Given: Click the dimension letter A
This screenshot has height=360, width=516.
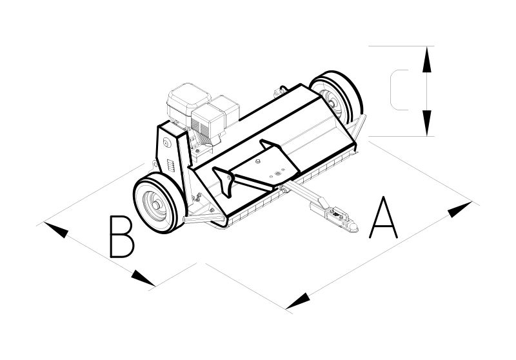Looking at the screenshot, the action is (x=383, y=219).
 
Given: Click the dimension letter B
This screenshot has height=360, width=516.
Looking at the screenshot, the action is (x=122, y=236).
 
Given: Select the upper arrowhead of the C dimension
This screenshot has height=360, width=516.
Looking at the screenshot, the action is (x=427, y=59).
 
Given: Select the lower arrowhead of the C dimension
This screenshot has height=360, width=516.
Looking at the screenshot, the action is (x=427, y=123).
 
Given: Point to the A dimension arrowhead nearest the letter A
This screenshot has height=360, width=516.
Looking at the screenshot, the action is (x=460, y=209).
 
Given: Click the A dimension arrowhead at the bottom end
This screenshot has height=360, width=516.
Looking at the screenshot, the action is (x=298, y=301).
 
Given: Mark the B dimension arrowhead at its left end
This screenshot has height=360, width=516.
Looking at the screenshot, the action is (x=56, y=230).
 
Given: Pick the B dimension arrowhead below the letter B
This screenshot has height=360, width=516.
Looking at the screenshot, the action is (x=143, y=278).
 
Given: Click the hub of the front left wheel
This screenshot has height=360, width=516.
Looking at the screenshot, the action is (x=155, y=205).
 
